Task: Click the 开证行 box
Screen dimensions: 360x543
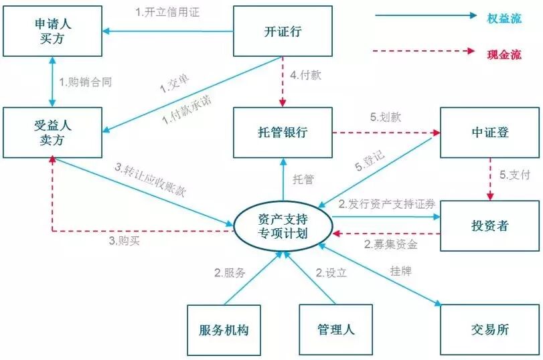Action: tap(283, 31)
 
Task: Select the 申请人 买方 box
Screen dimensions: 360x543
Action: tap(52, 31)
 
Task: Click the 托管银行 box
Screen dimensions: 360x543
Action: tap(283, 132)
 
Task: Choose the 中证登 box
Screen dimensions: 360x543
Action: tap(489, 132)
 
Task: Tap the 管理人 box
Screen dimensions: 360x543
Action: tap(335, 330)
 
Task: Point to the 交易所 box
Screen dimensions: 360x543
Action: tap(489, 330)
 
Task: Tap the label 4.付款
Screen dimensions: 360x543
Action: tap(306, 75)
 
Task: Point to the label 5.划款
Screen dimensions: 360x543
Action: tap(385, 117)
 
